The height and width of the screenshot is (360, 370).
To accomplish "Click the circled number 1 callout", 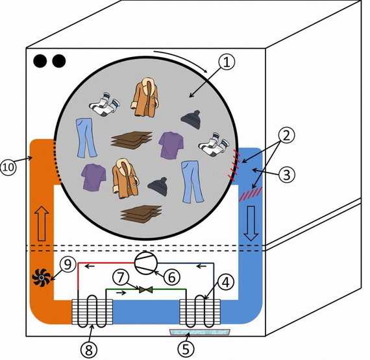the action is click(x=227, y=62).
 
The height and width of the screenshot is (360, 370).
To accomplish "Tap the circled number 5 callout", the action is click(x=186, y=349).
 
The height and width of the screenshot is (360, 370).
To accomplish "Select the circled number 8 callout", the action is click(x=89, y=350).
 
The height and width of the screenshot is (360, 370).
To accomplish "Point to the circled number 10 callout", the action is click(x=8, y=167).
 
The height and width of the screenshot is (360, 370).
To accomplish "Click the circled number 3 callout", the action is click(x=287, y=174).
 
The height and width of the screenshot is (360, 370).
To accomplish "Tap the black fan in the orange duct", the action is click(x=42, y=278).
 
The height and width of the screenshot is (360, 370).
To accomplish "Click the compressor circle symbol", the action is click(x=146, y=263).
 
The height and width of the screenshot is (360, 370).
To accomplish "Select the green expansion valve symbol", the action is click(x=146, y=289).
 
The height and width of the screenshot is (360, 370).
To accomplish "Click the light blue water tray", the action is click(x=200, y=332).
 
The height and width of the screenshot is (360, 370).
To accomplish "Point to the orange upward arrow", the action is click(x=42, y=224).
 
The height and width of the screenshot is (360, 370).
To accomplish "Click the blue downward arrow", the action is click(x=251, y=223).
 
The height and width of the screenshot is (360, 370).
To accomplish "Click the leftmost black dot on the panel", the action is click(x=40, y=61).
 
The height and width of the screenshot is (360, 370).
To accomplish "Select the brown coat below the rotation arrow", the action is click(x=145, y=97).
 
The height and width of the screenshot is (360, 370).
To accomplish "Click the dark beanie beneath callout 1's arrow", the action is click(x=191, y=119).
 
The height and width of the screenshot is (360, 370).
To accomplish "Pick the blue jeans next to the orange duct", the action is click(x=86, y=138).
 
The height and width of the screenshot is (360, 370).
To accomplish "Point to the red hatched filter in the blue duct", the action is click(x=251, y=194).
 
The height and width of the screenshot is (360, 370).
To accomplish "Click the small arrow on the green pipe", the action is click(x=121, y=293).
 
